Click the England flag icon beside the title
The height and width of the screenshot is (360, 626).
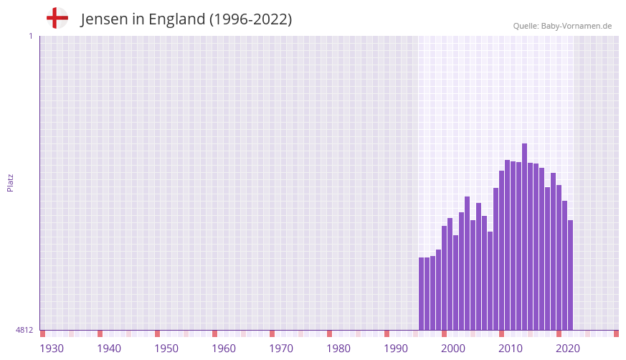[57, 18]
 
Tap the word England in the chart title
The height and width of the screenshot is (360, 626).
[176, 19]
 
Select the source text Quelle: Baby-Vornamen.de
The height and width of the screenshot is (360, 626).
[562, 26]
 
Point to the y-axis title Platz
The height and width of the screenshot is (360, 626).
[10, 182]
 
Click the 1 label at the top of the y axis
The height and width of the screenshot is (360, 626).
[30, 36]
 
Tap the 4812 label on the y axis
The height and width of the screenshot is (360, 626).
[24, 330]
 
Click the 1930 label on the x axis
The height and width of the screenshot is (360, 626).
[52, 349]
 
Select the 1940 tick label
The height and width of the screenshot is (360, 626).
[109, 349]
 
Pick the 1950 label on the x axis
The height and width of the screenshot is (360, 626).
[166, 349]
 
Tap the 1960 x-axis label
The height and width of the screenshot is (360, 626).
[224, 349]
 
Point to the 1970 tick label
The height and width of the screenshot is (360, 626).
[281, 349]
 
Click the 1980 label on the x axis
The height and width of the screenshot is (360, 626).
[338, 349]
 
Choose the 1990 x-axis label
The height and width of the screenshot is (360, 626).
[396, 349]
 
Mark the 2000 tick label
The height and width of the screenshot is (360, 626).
[453, 349]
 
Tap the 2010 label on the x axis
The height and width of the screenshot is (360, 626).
[511, 349]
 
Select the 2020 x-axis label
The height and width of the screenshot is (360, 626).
[568, 349]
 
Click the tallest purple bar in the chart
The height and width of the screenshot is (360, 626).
[524, 237]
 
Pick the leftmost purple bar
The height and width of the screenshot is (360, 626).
[422, 294]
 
